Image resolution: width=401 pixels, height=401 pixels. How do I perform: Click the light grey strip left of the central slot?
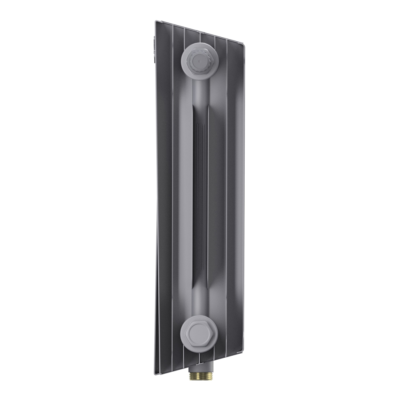(x=185, y=192)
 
